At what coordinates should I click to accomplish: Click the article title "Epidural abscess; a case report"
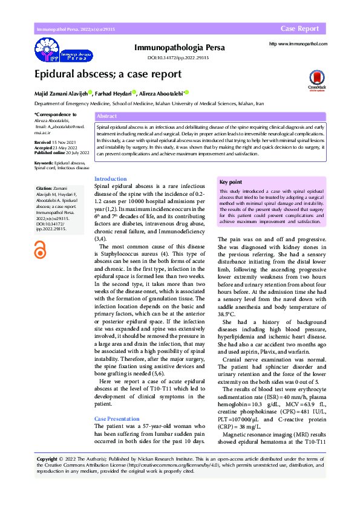[107, 74]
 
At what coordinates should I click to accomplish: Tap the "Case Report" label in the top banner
[299, 29]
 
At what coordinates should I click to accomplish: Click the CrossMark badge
[316, 79]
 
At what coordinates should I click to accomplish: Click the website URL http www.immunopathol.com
[298, 44]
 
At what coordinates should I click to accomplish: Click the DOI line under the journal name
[178, 57]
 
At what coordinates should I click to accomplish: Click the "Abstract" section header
[106, 115]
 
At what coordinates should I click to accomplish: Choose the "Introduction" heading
[111, 179]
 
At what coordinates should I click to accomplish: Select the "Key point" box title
[231, 182]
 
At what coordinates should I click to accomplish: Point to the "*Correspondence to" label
[56, 114]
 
